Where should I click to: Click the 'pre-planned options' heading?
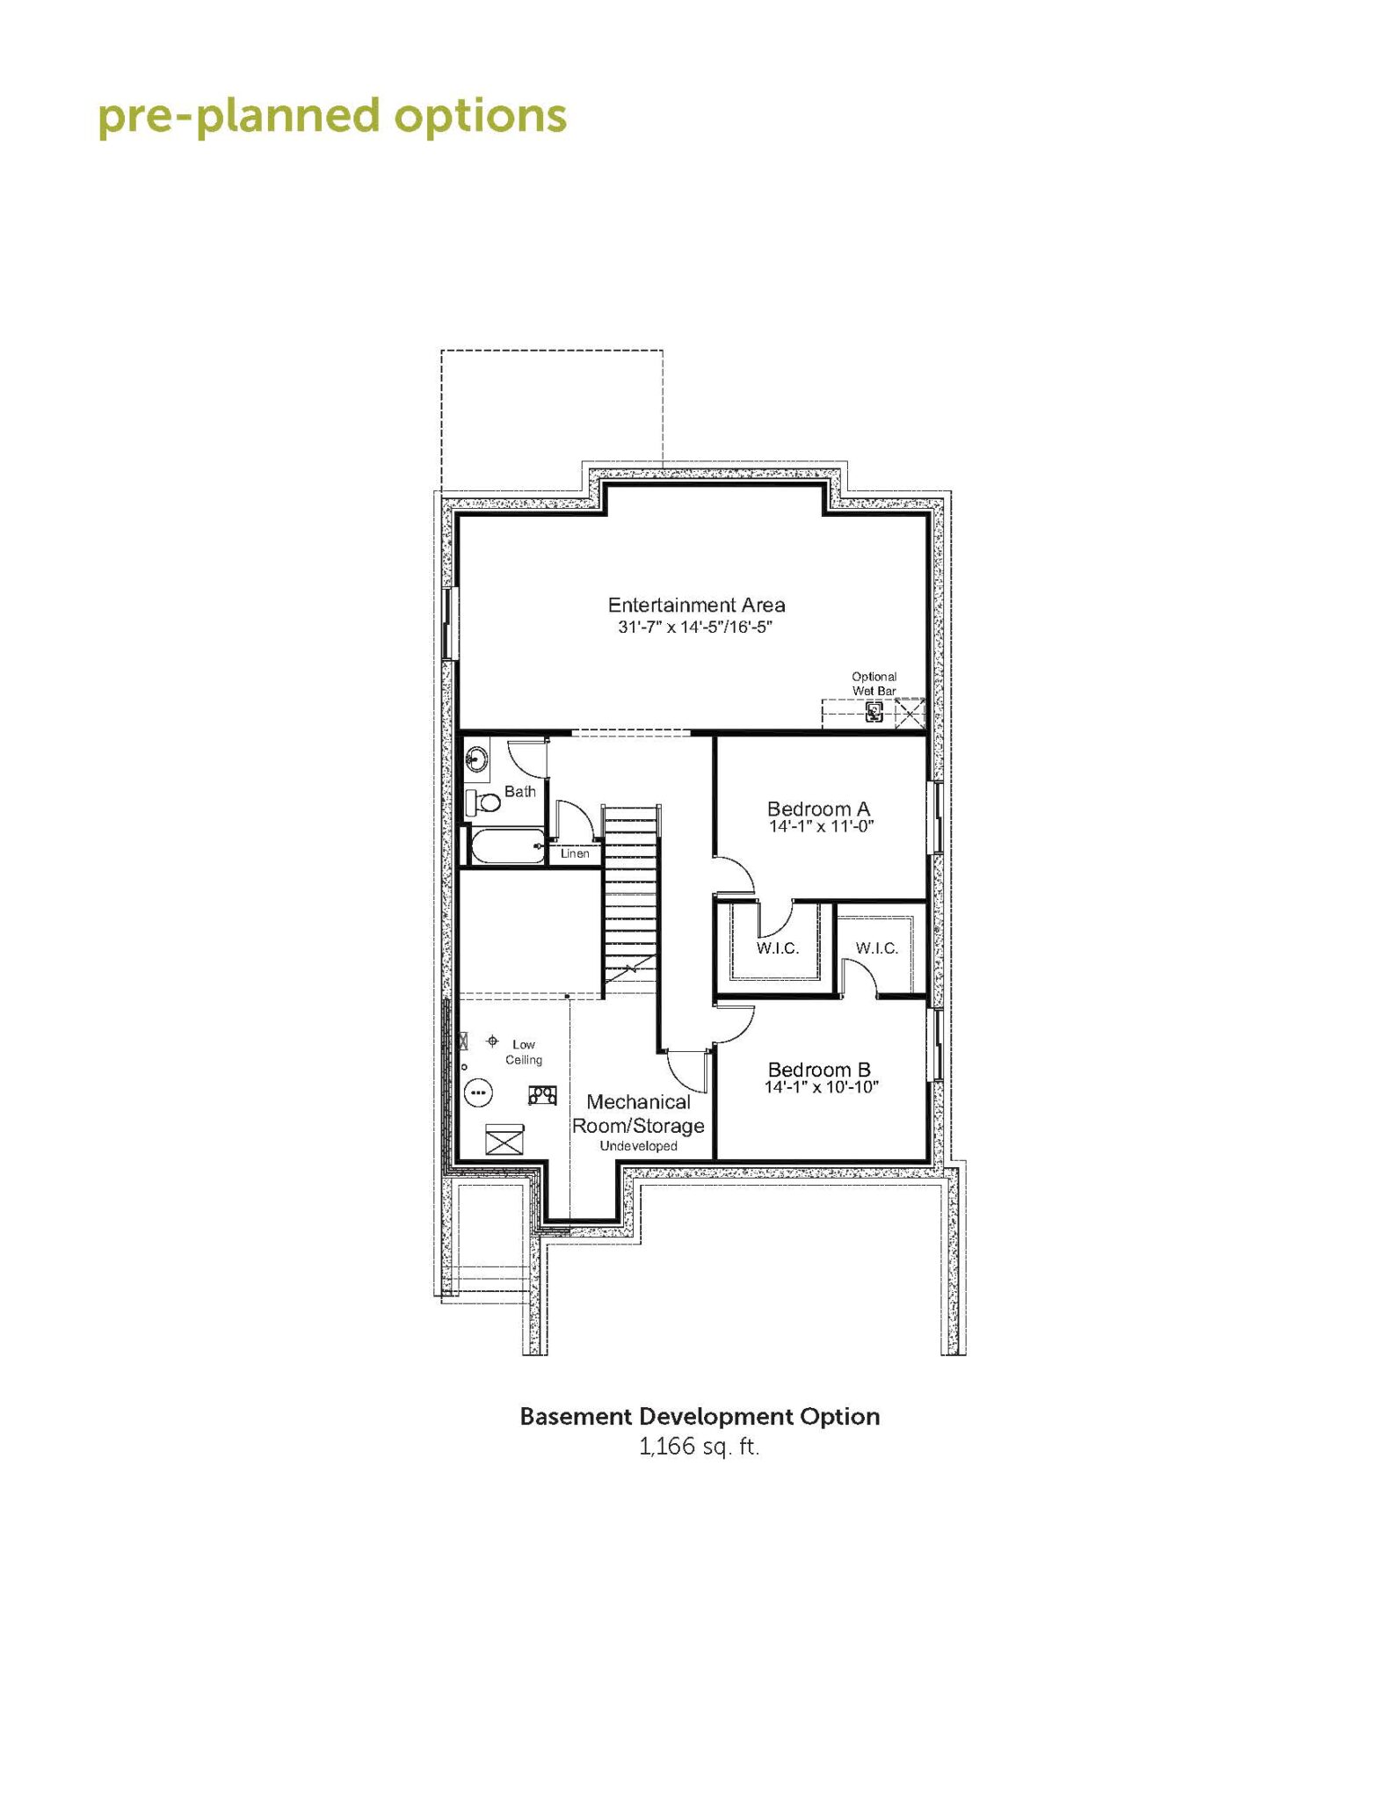point(332,117)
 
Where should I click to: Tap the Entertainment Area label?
point(697,605)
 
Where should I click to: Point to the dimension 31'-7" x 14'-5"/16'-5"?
point(695,628)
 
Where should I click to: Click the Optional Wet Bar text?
point(874,684)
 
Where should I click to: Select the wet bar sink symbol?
point(874,712)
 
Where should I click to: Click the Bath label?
point(520,792)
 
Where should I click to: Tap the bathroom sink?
point(477,758)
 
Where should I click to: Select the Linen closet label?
point(576,853)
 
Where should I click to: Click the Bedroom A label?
point(819,808)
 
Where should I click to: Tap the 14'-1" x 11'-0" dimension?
point(822,827)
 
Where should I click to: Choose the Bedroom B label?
point(819,1070)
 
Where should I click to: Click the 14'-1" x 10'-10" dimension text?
point(822,1088)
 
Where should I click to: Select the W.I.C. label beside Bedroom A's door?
point(778,948)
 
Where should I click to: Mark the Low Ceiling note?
point(524,1052)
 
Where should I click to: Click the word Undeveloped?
point(639,1146)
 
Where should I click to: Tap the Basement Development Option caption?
point(700,1417)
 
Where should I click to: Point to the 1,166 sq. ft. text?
point(700,1447)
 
